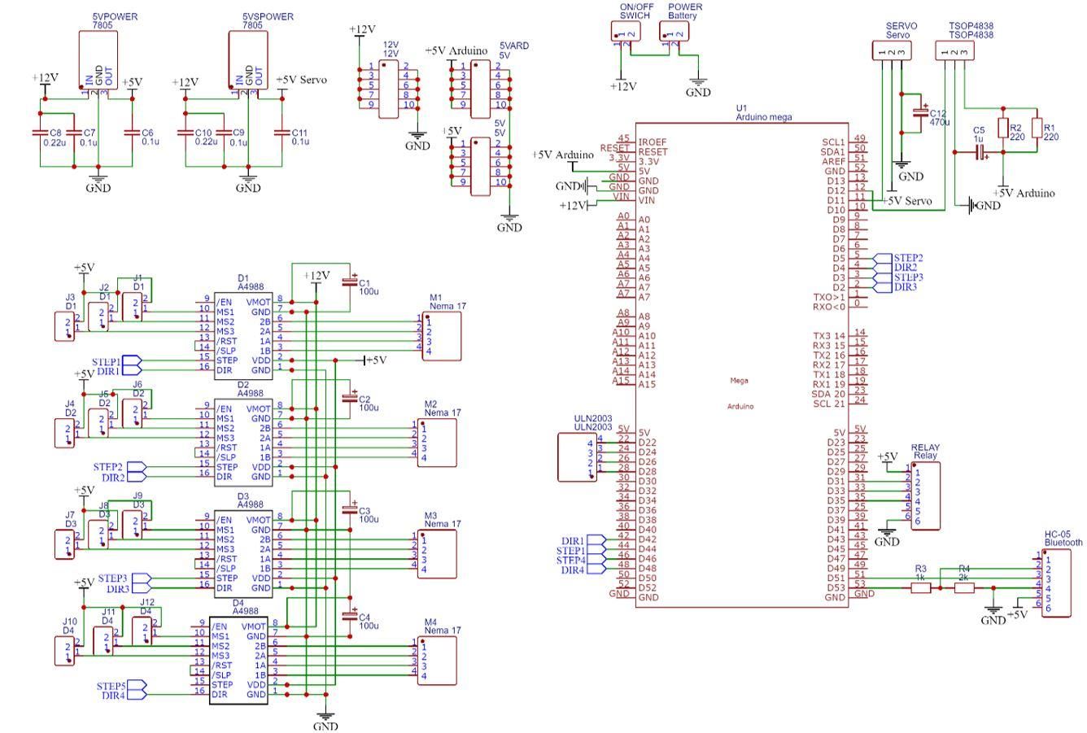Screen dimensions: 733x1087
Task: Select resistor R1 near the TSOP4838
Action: [1036, 129]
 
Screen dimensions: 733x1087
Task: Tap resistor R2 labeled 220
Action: [1003, 129]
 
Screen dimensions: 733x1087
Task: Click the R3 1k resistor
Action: [920, 587]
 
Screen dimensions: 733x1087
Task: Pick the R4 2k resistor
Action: [963, 587]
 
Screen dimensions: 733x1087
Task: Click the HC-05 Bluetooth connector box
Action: [1056, 582]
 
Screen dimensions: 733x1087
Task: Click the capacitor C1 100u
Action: [350, 282]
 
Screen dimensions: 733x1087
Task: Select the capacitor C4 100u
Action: [350, 616]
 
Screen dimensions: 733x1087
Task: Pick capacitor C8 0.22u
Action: [40, 132]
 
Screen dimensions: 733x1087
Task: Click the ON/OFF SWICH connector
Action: [625, 30]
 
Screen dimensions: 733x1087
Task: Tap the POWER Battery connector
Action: [674, 30]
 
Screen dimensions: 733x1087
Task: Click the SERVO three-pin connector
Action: [892, 50]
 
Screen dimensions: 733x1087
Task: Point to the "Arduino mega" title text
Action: [763, 117]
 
